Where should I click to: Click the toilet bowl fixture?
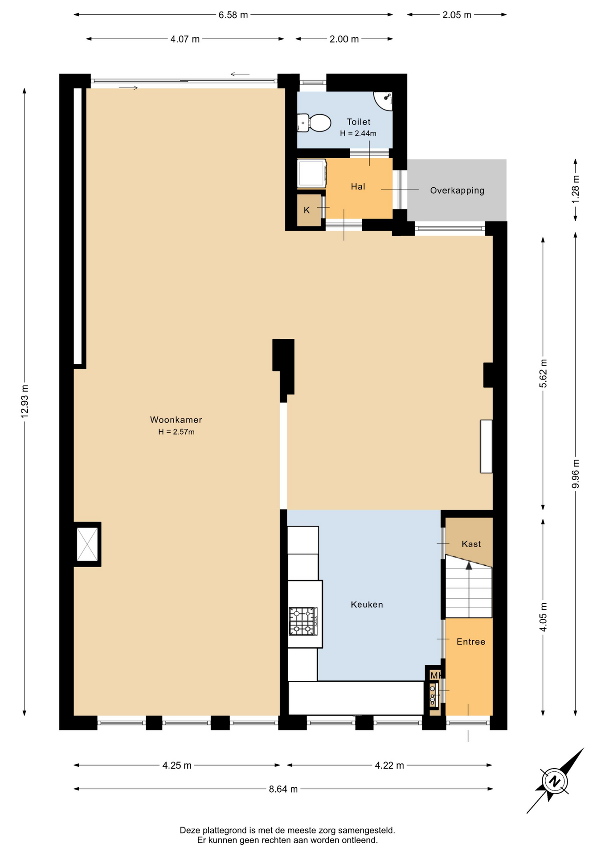315,123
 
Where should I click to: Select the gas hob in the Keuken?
303,621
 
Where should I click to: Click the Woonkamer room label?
176,420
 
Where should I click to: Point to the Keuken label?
367,605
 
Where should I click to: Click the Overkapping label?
457,190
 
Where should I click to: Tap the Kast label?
471,544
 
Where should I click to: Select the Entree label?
471,642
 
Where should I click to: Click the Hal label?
358,186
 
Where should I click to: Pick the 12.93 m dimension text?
25,401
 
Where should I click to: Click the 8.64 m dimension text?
283,789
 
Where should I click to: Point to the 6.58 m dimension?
233,15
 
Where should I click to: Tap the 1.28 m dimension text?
576,189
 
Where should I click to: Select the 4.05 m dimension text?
543,617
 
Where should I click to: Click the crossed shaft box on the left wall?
87,544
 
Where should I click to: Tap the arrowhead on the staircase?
469,565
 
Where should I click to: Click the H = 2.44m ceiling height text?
358,133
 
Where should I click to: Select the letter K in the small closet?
307,210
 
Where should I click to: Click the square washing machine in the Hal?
312,173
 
